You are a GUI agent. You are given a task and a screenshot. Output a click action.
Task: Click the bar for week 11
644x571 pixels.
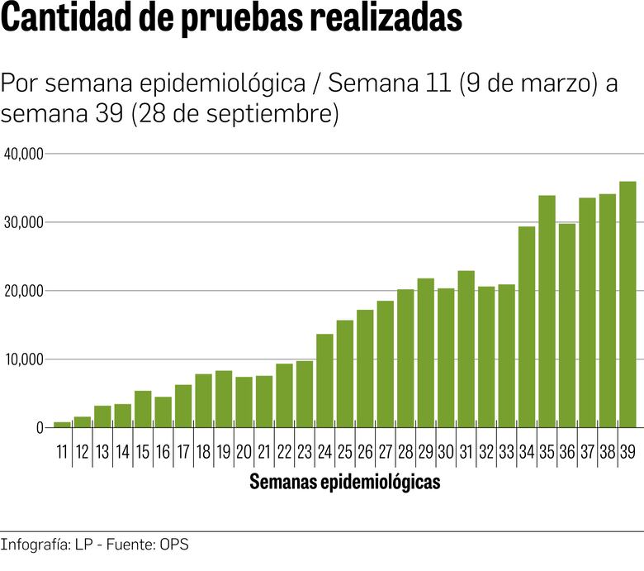click(x=62, y=425)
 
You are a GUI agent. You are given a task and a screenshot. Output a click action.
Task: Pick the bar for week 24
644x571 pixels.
click(x=324, y=381)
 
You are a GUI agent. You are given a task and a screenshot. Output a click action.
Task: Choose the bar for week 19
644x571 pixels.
click(x=224, y=399)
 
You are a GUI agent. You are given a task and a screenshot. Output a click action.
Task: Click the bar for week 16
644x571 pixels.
click(x=163, y=412)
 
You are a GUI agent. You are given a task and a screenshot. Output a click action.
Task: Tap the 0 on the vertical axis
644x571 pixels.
click(x=39, y=428)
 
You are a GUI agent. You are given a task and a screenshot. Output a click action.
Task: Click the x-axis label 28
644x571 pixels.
click(x=405, y=452)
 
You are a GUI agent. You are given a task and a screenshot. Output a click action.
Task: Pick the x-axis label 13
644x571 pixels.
click(x=102, y=452)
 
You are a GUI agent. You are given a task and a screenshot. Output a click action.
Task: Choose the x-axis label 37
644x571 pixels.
click(x=587, y=452)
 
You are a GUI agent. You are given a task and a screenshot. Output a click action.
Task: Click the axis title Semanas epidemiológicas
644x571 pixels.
click(x=344, y=483)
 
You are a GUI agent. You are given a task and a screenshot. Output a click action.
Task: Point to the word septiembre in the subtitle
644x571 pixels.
click(x=268, y=114)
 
